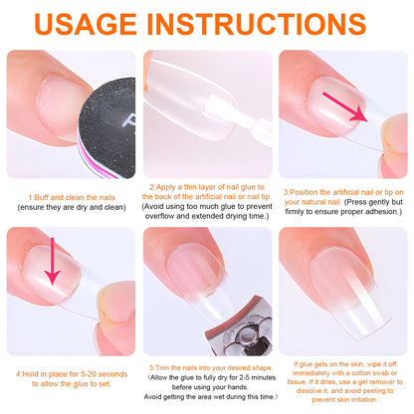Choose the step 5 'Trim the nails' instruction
pyautogui.click(x=207, y=365)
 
